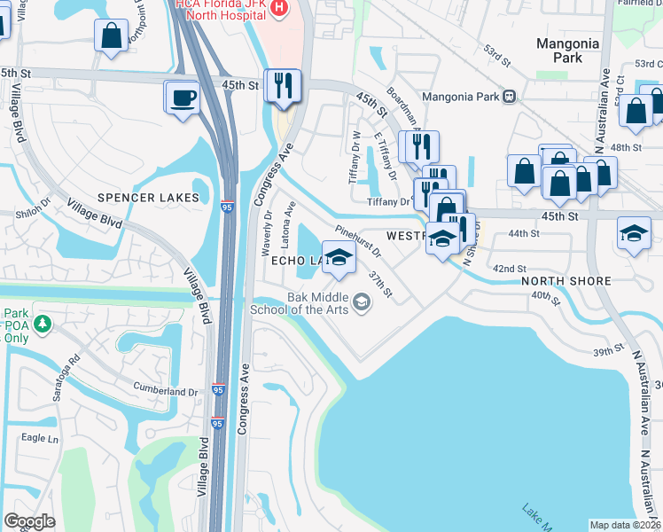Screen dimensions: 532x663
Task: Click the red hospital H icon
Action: click(279, 8)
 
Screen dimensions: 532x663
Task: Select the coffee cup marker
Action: click(182, 98)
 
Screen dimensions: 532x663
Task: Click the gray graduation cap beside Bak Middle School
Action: click(361, 303)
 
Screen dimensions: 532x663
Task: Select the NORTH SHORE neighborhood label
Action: click(565, 281)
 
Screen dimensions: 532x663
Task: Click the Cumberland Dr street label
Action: click(166, 391)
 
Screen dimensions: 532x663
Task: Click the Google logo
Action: click(29, 521)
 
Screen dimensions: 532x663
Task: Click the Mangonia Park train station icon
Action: click(509, 96)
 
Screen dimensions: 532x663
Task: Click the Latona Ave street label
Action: click(289, 222)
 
